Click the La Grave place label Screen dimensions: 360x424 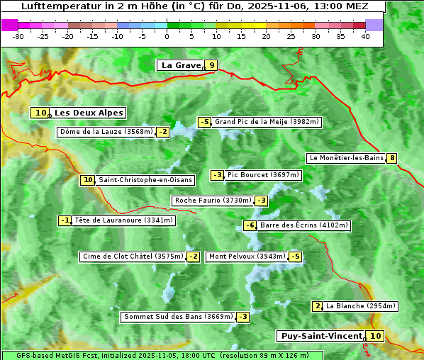tap(182, 65)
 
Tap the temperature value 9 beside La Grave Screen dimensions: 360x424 tap(211, 65)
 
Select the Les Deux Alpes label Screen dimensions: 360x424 tap(89, 113)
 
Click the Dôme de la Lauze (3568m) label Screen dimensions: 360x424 tap(106, 132)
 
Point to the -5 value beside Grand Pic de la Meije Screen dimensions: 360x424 tap(204, 122)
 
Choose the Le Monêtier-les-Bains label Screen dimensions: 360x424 tap(345, 158)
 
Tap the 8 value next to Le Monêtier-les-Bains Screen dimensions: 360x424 tap(391, 158)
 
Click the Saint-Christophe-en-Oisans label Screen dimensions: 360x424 tap(145, 180)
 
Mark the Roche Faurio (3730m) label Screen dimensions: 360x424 tap(213, 201)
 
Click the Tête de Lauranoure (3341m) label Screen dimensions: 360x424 tap(123, 220)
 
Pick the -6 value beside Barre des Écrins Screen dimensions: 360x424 tap(250, 225)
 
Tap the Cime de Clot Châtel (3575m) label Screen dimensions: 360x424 tap(132, 257)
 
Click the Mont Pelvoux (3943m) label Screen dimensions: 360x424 tap(247, 257)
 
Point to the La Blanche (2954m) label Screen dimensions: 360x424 tap(361, 306)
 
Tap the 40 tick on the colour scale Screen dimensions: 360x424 tap(365, 36)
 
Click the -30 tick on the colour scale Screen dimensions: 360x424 tap(18, 36)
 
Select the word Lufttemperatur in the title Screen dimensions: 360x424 tap(52, 6)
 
